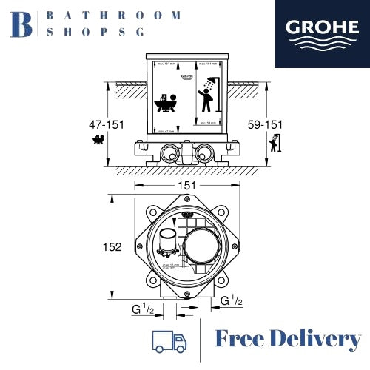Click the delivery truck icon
169,341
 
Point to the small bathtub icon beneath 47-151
96,138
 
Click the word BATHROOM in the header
113,15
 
